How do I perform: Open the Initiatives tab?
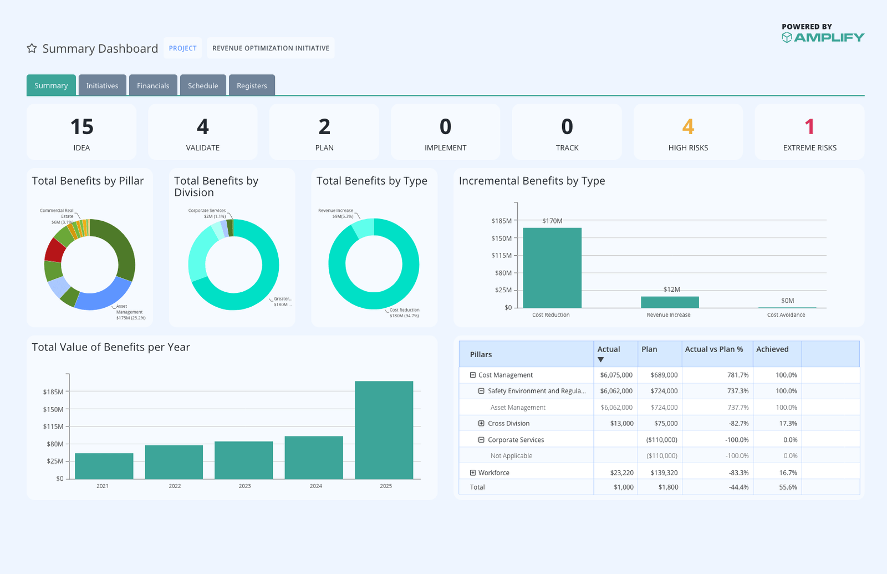point(102,85)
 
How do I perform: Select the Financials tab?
point(153,85)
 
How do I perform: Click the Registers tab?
point(252,85)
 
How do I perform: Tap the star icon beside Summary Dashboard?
point(32,48)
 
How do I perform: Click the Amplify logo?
point(823,37)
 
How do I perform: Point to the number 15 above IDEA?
point(81,127)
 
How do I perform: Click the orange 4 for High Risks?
point(688,127)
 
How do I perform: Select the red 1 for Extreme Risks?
point(809,127)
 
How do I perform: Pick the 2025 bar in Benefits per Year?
point(384,430)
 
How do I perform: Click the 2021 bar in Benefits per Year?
point(104,466)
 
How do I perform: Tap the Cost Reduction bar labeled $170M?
point(552,268)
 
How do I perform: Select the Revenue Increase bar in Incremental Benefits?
point(670,302)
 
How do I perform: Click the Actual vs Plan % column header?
point(714,349)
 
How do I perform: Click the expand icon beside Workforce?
point(473,473)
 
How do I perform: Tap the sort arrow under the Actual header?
point(600,360)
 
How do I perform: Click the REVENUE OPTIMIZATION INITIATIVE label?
point(271,48)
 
